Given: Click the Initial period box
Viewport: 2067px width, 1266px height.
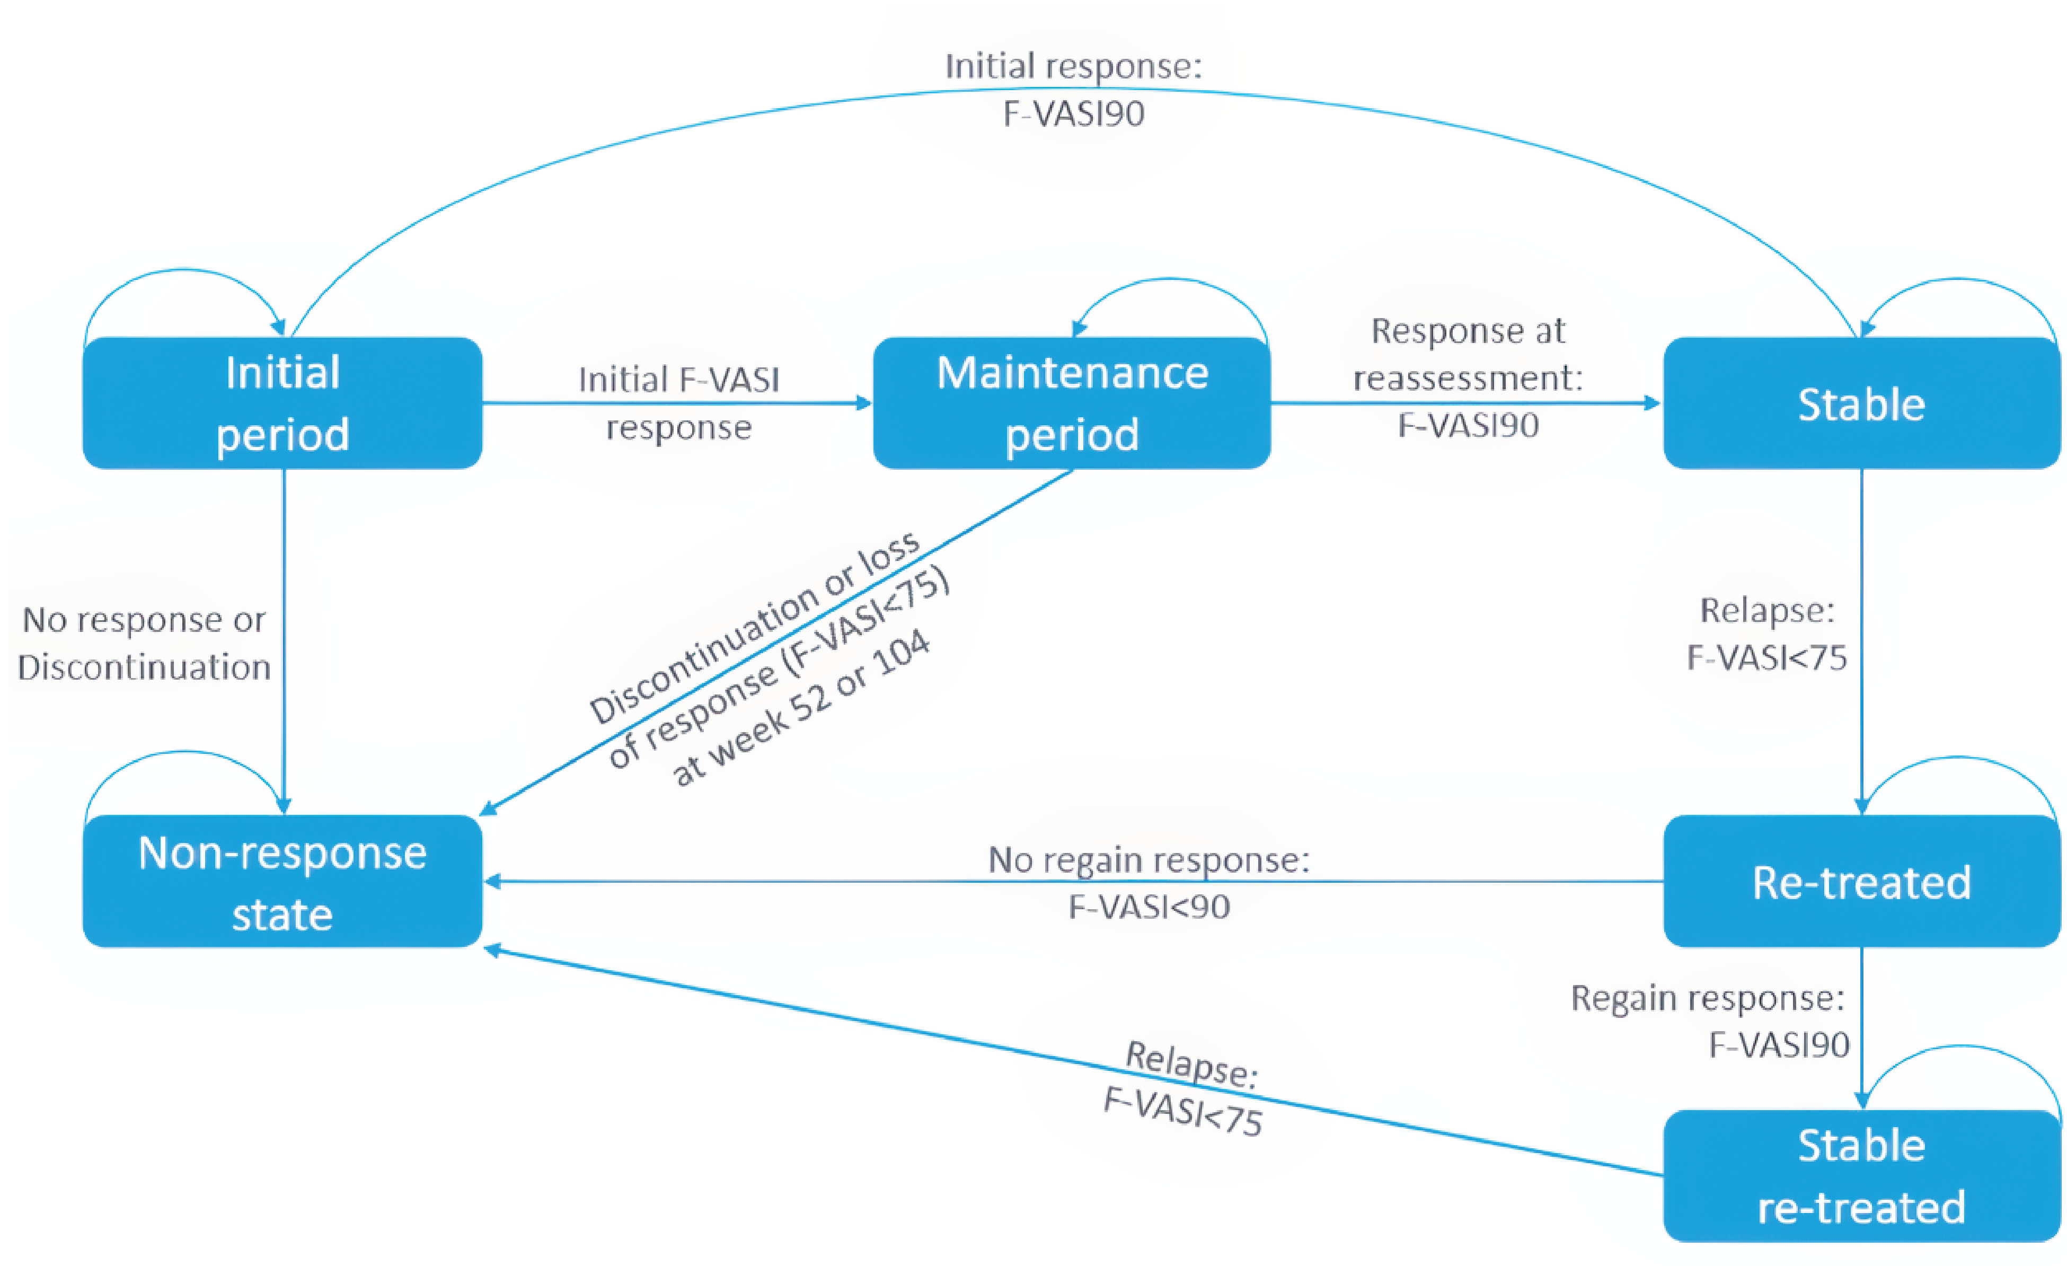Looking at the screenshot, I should point(282,403).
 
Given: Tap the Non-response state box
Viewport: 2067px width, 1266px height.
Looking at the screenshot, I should point(282,882).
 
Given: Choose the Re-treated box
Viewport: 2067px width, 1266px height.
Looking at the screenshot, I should point(1861,882).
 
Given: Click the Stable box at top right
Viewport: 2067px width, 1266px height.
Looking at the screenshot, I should point(1861,403).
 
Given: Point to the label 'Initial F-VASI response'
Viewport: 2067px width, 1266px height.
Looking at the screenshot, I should point(678,403).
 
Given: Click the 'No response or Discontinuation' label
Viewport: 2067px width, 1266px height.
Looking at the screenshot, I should point(144,644).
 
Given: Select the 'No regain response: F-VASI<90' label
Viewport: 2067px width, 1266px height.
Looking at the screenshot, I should point(1149,883).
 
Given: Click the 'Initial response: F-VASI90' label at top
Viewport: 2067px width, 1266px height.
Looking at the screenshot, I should point(1074,90).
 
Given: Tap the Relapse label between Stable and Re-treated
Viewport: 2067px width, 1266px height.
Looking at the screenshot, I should point(1766,634).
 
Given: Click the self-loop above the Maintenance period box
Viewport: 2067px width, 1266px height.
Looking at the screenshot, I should point(1170,280).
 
